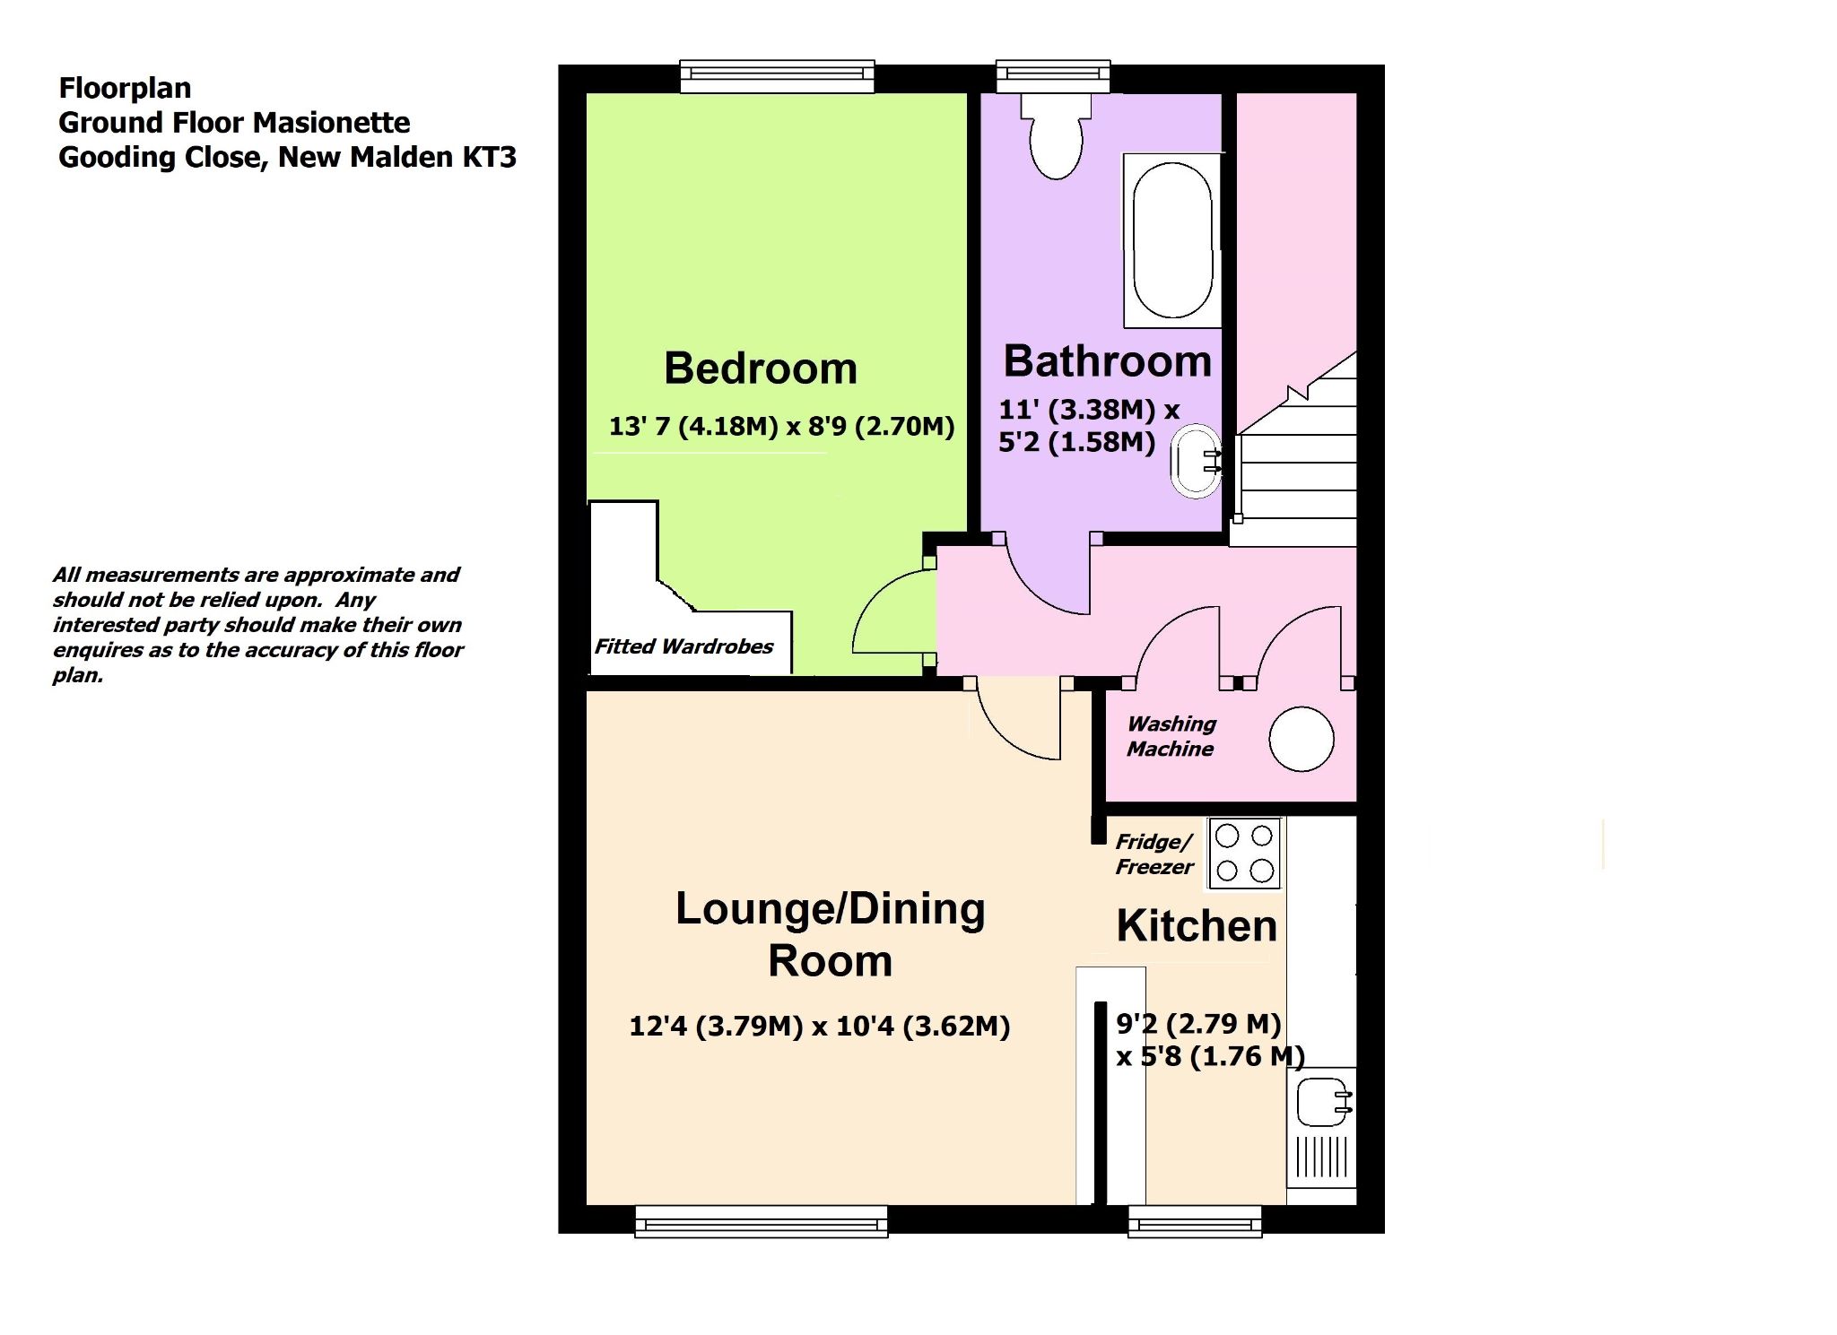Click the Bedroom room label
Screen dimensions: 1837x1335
click(x=761, y=368)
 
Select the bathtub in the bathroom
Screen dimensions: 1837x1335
click(x=1172, y=240)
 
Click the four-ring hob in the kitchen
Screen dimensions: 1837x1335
click(x=1244, y=854)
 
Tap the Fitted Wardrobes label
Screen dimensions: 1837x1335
click(x=683, y=646)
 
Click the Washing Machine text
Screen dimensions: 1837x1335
click(x=1171, y=736)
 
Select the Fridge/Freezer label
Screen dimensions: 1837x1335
click(x=1154, y=854)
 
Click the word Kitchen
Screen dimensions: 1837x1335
click(x=1197, y=926)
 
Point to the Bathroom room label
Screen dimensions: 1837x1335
click(x=1108, y=361)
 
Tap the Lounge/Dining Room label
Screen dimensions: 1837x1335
click(x=831, y=934)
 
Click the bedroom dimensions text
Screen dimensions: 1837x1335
click(x=781, y=426)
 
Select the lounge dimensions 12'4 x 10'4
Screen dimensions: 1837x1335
click(x=820, y=1026)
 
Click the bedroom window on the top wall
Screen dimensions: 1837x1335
click(x=777, y=76)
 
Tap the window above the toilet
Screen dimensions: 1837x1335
click(x=1053, y=76)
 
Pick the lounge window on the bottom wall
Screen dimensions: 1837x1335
click(x=762, y=1221)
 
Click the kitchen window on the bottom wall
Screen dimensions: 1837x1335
click(x=1195, y=1221)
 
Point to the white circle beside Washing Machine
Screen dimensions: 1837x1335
click(x=1302, y=740)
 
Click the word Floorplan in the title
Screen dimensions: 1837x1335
click(x=125, y=88)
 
